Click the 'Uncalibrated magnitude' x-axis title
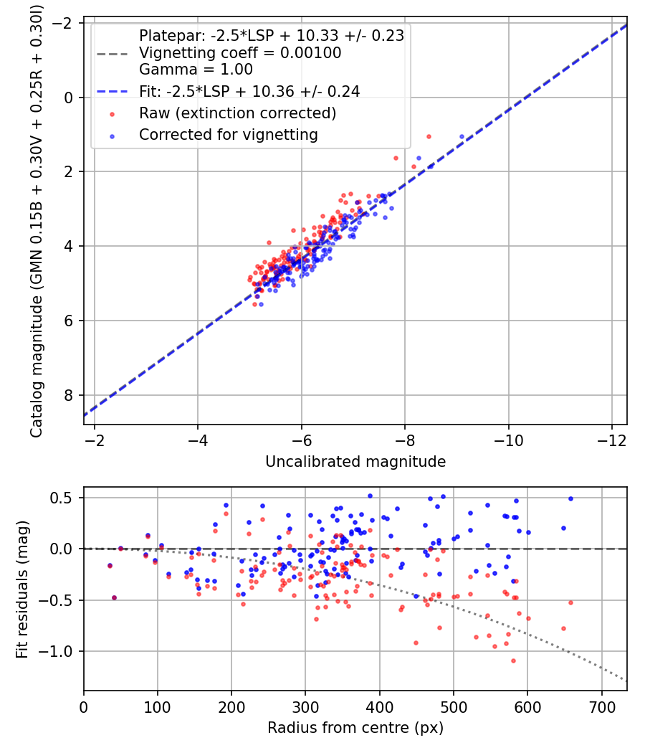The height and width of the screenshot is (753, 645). click(x=355, y=462)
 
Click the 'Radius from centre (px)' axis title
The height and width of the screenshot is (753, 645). click(x=355, y=728)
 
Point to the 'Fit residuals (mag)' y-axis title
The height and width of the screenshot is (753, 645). click(x=22, y=589)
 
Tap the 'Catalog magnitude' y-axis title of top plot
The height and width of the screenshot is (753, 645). click(x=37, y=222)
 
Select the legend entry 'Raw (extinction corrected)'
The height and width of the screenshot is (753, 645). click(x=237, y=113)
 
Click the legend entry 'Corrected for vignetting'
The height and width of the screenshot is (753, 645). click(x=229, y=135)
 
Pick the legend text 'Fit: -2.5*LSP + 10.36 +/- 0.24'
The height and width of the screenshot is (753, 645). click(x=249, y=92)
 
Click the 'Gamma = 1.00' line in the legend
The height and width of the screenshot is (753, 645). click(x=196, y=70)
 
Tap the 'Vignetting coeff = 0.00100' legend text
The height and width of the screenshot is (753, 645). click(x=240, y=53)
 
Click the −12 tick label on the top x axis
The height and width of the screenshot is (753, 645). click(x=611, y=440)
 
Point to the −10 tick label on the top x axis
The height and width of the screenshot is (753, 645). click(x=508, y=440)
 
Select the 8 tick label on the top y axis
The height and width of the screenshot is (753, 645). click(x=68, y=395)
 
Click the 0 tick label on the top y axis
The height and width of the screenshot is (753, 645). click(x=68, y=98)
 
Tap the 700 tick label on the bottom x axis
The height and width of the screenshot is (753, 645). click(x=602, y=707)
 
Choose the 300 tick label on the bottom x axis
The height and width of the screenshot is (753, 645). click(x=306, y=707)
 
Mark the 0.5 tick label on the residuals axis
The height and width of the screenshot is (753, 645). click(x=61, y=498)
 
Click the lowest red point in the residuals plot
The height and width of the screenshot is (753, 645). click(x=513, y=660)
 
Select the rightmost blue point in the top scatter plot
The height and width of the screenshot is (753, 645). click(x=462, y=137)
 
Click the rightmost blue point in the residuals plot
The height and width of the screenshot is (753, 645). click(x=570, y=499)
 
